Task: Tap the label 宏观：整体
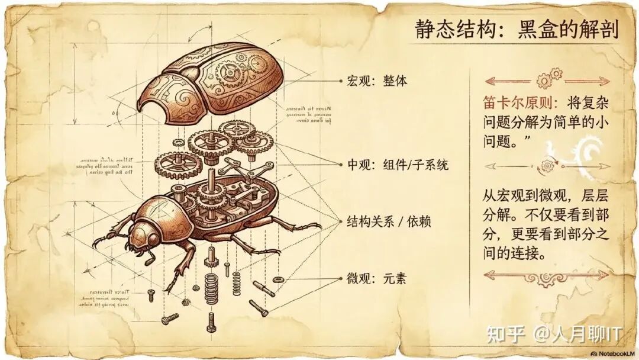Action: click(x=377, y=81)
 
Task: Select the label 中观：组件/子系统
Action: click(x=398, y=165)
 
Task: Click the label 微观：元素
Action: click(x=377, y=278)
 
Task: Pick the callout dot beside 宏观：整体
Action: click(x=340, y=81)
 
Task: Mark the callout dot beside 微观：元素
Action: click(x=340, y=278)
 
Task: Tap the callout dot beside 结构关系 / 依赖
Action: click(x=340, y=222)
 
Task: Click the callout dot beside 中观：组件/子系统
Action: click(x=340, y=165)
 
